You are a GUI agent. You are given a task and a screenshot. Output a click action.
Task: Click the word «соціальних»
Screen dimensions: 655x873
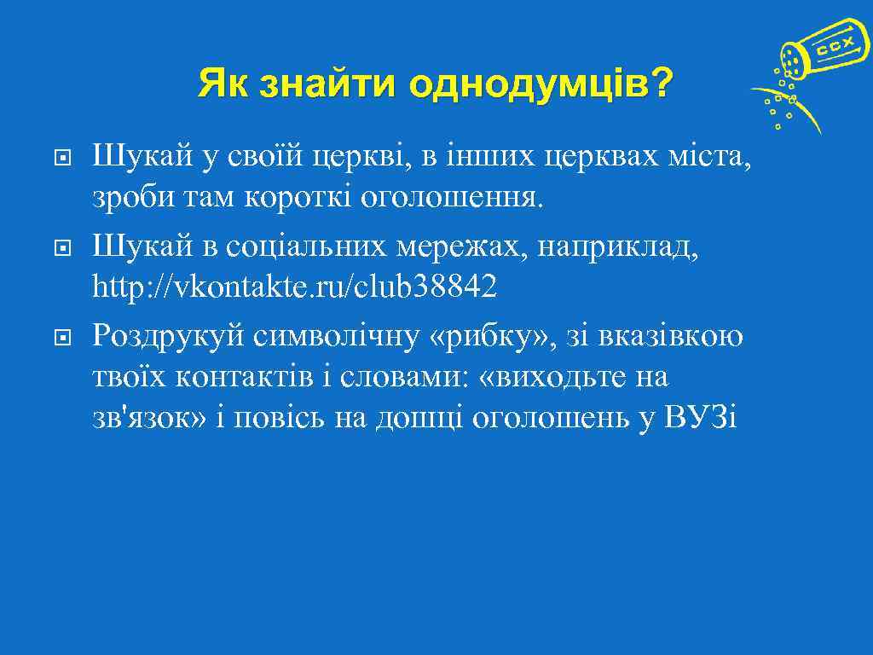(x=333, y=246)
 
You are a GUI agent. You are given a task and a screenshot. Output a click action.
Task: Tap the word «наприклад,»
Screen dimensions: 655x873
(x=622, y=246)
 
